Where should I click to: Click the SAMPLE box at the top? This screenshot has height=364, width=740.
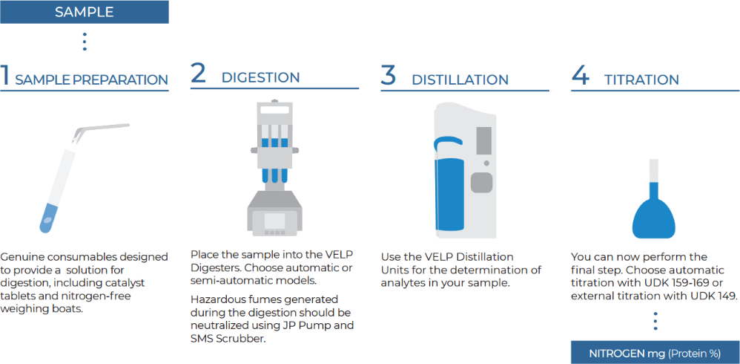coord(85,12)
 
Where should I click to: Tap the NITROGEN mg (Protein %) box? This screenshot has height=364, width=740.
coord(655,353)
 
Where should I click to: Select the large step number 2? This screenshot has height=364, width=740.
coord(198,74)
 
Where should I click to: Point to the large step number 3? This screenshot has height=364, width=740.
coord(388,76)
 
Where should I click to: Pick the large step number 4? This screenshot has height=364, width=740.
coord(580,76)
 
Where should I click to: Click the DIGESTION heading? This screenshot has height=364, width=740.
coord(260,78)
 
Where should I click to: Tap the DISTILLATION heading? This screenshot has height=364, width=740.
coord(460,80)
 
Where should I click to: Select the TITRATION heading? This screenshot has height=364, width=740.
coord(642,80)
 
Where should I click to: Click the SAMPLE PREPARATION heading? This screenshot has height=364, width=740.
coord(91,80)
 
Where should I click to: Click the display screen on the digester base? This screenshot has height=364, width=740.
coord(274,221)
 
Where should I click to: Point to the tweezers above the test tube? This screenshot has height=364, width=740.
coord(100,132)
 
